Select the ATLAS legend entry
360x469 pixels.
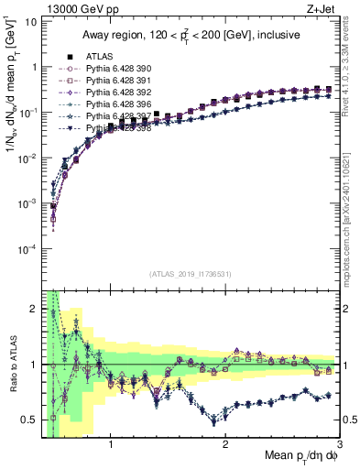pyautogui.click(x=101, y=56)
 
